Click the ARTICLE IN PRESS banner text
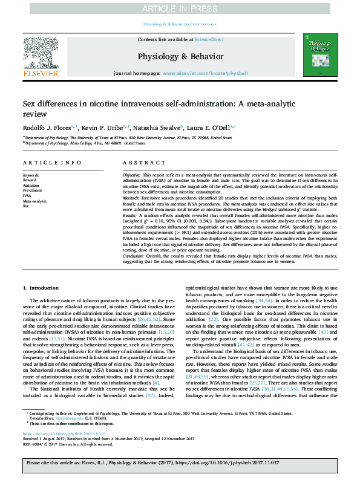180,8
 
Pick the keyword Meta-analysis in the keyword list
34,201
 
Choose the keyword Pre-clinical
33,190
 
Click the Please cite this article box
180,464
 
